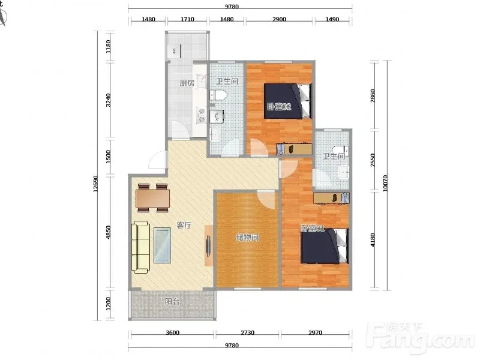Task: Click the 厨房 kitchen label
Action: click(x=187, y=83)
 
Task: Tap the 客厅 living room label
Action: click(x=184, y=226)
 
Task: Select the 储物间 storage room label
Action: click(x=247, y=237)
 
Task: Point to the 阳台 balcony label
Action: click(x=172, y=302)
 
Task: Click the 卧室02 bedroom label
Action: click(x=279, y=107)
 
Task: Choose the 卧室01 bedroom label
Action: click(x=313, y=228)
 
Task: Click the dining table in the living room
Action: click(x=153, y=198)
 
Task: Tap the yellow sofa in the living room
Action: click(x=141, y=247)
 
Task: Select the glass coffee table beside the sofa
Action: click(x=162, y=245)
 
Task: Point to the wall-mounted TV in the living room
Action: click(x=208, y=245)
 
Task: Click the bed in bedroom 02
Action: click(x=288, y=101)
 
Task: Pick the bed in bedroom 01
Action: click(x=325, y=246)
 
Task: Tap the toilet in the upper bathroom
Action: click(x=218, y=95)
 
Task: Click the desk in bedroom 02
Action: click(x=294, y=149)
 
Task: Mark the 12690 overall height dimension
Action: click(x=96, y=184)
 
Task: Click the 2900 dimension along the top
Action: click(x=279, y=19)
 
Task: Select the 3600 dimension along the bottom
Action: click(x=173, y=333)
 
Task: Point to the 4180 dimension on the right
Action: click(x=373, y=240)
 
